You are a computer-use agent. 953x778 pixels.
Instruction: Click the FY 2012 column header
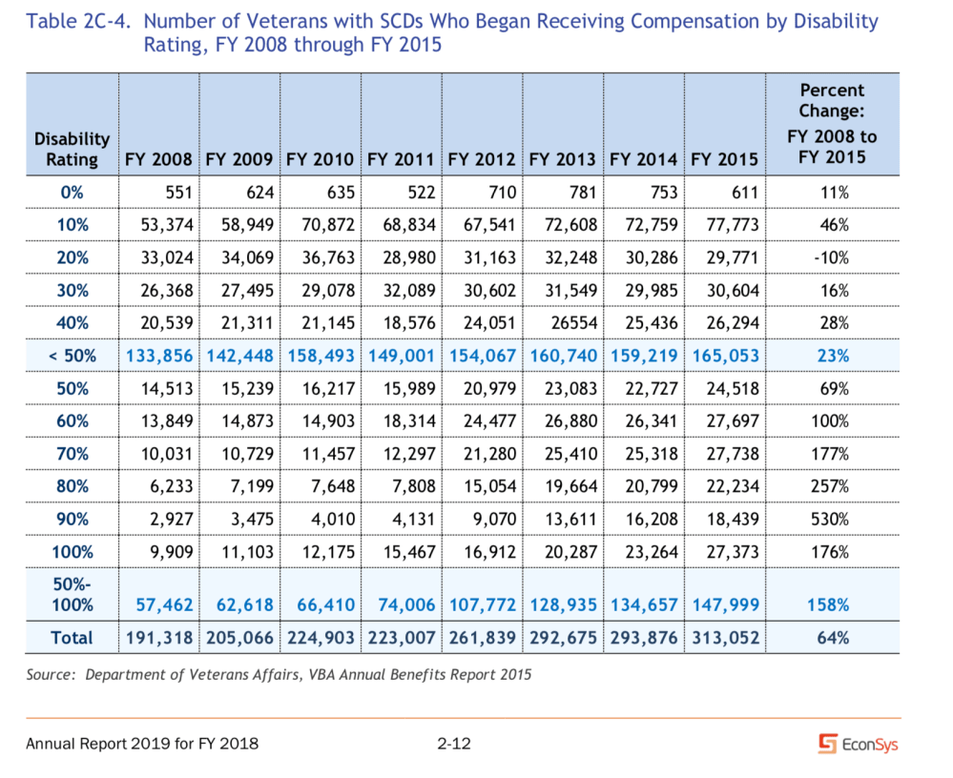(x=482, y=159)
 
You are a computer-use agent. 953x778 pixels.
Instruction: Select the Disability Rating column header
(x=72, y=150)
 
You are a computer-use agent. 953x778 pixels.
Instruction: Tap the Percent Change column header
(x=832, y=123)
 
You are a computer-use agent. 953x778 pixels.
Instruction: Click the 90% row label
(x=72, y=519)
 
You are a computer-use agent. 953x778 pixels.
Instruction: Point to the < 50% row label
(x=72, y=356)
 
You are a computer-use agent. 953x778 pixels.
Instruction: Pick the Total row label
(x=72, y=637)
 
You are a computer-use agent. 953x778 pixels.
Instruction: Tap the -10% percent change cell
(x=832, y=257)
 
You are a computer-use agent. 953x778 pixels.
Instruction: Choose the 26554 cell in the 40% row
(x=572, y=323)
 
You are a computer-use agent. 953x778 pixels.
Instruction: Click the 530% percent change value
(x=832, y=519)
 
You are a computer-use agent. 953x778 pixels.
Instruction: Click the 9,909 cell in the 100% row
(x=168, y=551)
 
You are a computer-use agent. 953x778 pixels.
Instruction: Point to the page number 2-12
(x=454, y=744)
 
